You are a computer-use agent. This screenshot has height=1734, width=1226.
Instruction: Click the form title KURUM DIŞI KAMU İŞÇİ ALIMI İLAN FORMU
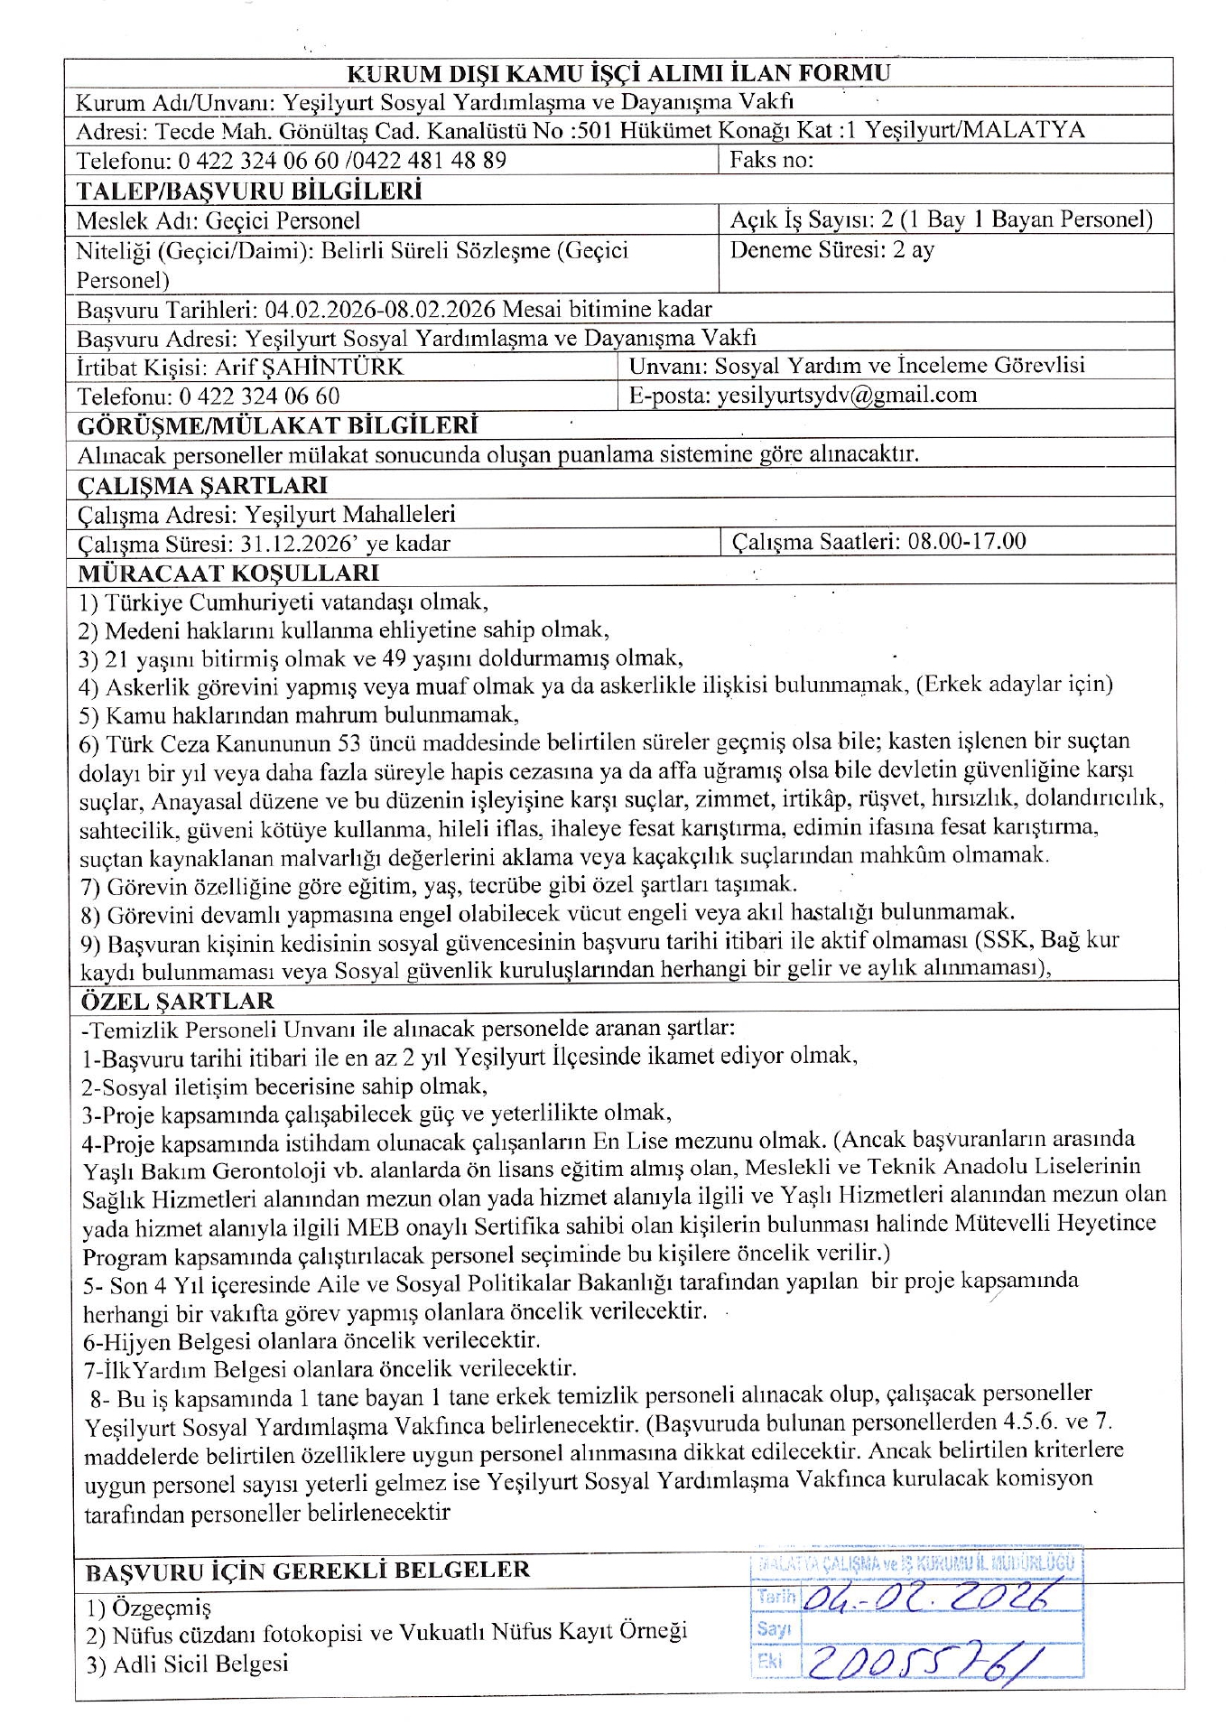coord(618,74)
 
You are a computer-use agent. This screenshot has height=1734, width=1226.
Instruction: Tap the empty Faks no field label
coord(772,160)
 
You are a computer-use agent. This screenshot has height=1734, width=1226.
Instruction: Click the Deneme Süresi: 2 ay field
coord(831,250)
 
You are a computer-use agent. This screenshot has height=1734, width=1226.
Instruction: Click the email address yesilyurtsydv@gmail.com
coord(846,395)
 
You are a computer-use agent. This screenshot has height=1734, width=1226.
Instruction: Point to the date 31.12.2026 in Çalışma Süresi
coord(299,544)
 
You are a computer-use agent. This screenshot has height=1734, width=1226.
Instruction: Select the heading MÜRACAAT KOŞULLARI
coord(228,573)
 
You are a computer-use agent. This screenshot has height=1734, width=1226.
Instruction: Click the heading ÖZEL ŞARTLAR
coord(177,1001)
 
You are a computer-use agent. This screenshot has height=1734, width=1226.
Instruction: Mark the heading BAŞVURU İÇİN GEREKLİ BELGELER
coord(307,1571)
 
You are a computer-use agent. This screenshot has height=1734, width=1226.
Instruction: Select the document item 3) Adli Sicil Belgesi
coord(188,1664)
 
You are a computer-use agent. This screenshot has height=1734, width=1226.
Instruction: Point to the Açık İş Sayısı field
coord(941,219)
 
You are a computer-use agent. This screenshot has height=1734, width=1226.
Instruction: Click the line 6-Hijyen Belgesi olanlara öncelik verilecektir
coord(311,1340)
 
